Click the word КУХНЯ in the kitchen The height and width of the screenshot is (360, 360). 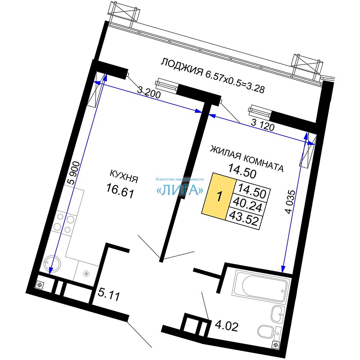point(124,176)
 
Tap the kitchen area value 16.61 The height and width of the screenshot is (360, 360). point(120,191)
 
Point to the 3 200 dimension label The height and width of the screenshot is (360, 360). point(149,93)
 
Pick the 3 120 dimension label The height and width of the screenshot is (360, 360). point(263,125)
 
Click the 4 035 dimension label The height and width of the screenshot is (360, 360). point(290,201)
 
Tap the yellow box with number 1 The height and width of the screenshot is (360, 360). point(219,196)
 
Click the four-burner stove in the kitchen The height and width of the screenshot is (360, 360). point(64,223)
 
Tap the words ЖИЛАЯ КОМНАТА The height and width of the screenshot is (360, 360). point(247,158)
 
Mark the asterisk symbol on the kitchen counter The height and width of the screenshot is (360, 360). point(86,274)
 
